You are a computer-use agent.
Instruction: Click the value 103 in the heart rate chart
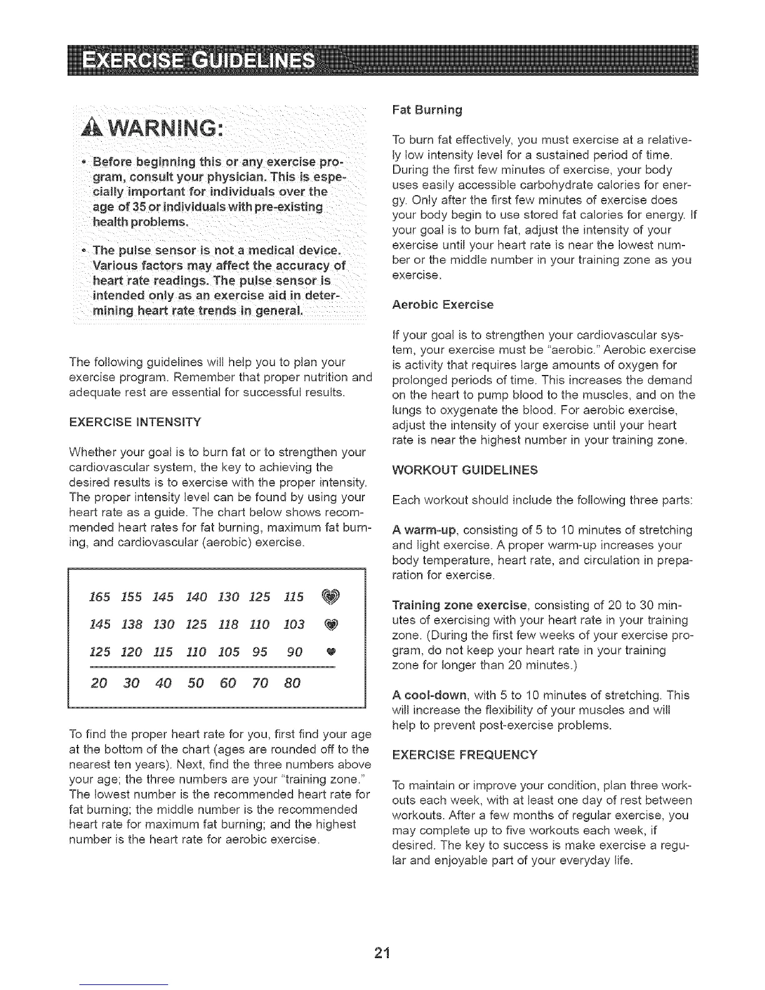293,624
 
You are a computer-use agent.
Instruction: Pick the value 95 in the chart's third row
259,652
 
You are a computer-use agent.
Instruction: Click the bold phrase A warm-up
423,531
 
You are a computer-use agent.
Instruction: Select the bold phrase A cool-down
426,696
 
